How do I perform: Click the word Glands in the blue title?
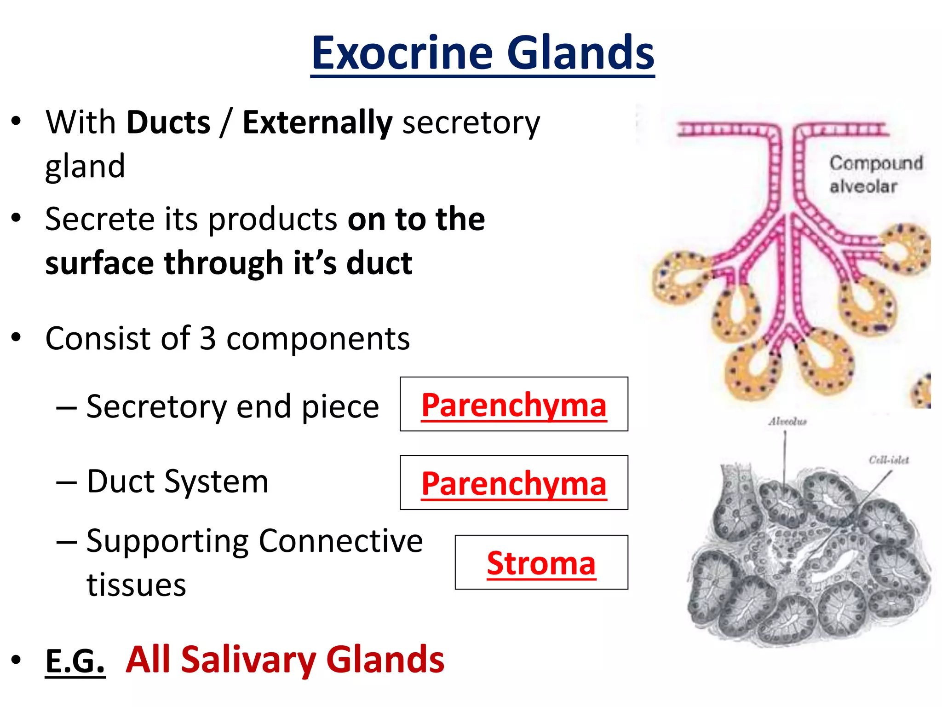580,53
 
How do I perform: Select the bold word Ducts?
168,122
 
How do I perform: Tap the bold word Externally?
317,122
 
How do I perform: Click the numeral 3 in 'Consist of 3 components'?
208,339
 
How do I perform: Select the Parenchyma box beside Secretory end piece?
514,405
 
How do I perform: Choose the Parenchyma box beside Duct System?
514,483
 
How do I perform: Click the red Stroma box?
541,562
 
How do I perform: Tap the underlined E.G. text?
75,661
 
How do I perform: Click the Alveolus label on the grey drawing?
787,422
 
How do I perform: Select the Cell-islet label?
889,460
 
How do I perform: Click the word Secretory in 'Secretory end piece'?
156,407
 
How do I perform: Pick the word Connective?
340,541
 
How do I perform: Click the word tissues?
136,585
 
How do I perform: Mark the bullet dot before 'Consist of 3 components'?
17,337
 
